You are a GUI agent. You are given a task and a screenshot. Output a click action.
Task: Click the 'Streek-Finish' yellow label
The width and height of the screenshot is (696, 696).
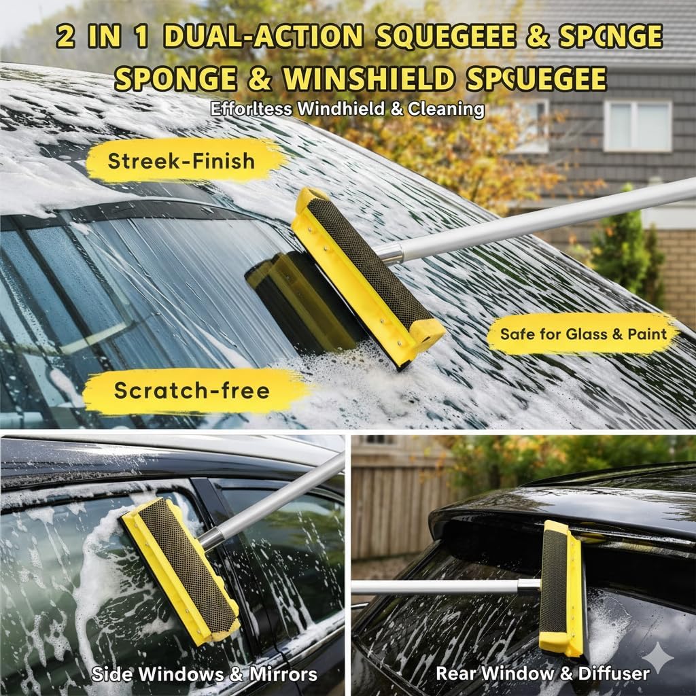(x=181, y=161)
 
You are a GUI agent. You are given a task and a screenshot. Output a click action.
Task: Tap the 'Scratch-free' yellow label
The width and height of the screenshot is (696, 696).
(x=192, y=390)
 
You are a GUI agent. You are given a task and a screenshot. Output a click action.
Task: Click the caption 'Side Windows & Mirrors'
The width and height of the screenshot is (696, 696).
(x=205, y=674)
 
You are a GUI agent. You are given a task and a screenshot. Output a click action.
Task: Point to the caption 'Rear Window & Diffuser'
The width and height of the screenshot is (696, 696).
(x=542, y=674)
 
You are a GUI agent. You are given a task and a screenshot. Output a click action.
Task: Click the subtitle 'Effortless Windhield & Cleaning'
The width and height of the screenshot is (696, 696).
(x=347, y=109)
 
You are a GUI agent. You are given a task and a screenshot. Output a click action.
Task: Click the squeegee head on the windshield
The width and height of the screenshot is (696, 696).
(x=367, y=275)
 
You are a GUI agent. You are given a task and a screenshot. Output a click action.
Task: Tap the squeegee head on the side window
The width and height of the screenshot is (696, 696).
(x=180, y=568)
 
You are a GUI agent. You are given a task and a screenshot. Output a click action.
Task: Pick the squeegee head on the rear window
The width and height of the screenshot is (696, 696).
(x=561, y=588)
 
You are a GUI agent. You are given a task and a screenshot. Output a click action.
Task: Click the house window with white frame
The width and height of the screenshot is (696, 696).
(x=637, y=126)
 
